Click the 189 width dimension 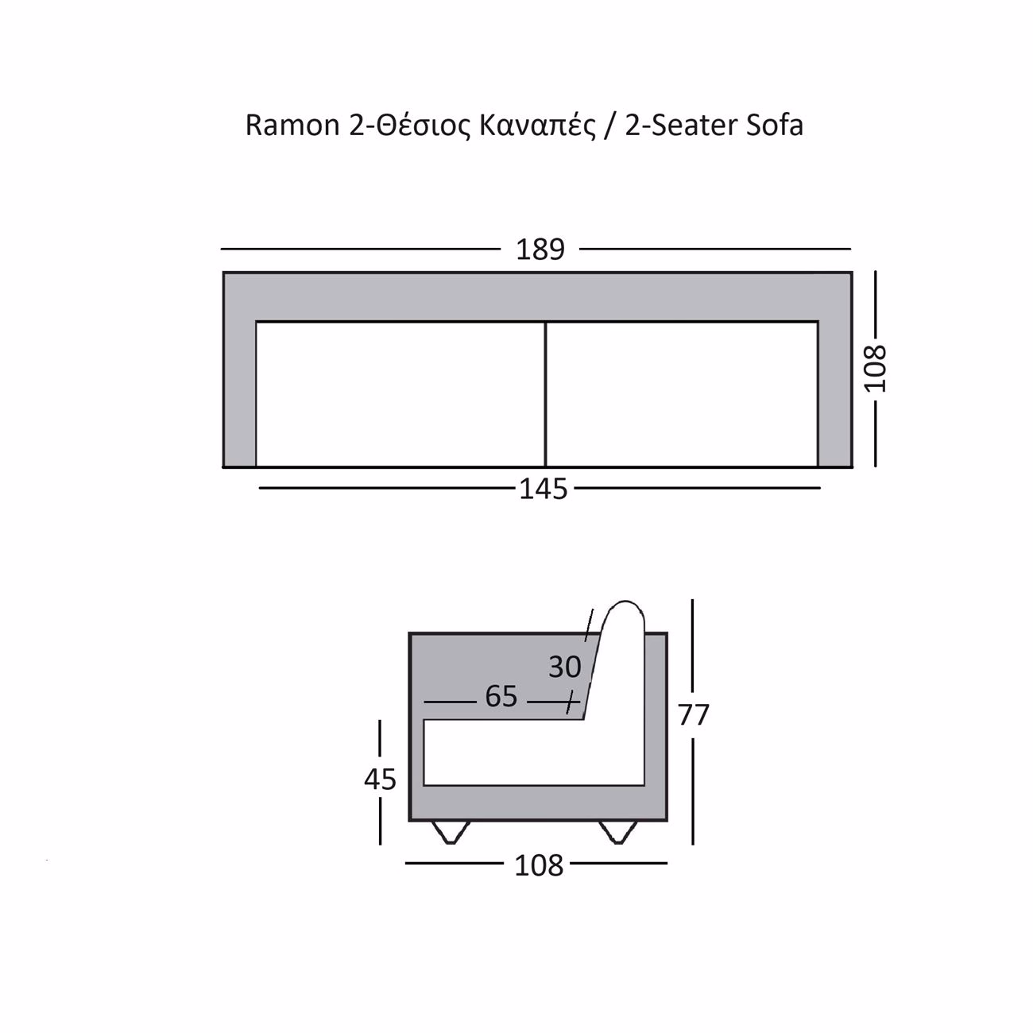tap(540, 250)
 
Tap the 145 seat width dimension tap(543, 489)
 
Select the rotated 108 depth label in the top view tap(876, 369)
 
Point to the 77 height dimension tap(693, 714)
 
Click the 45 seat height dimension tap(380, 780)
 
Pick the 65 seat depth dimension tap(501, 696)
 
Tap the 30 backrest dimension tap(564, 667)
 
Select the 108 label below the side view tap(539, 866)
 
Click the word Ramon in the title tap(292, 126)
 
